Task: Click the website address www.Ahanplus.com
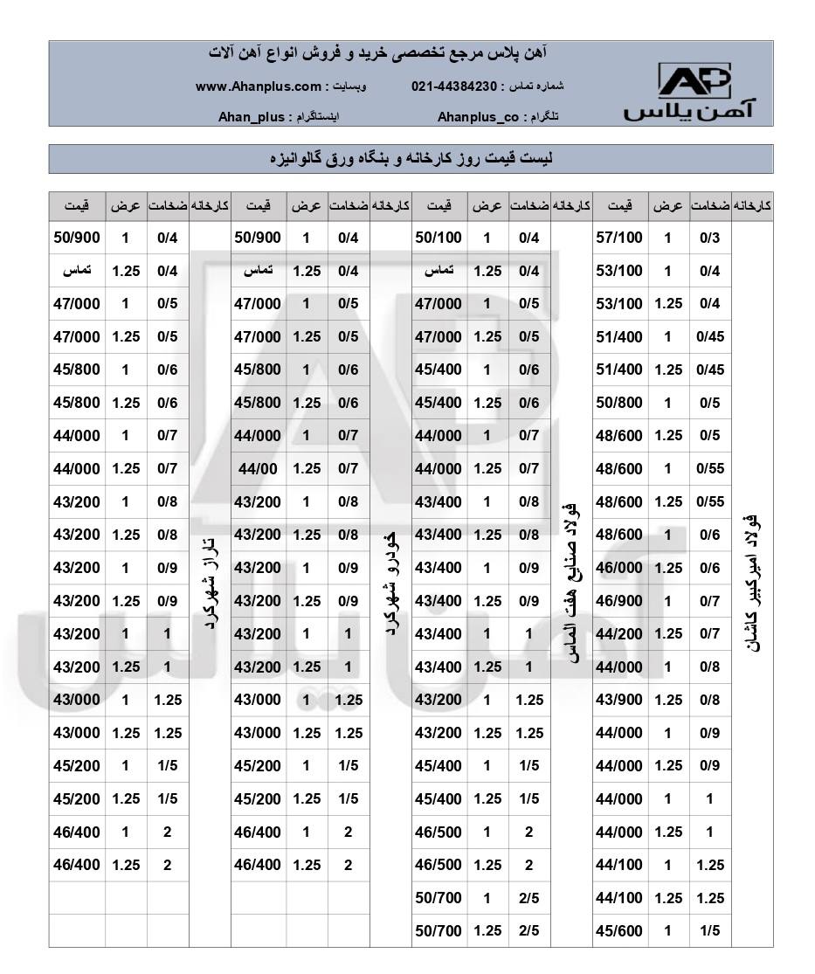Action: [x=259, y=86]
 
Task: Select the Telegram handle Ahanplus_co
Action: [x=478, y=116]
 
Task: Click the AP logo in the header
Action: [x=692, y=91]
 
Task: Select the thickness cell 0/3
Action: [x=709, y=238]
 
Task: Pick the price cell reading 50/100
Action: [x=438, y=238]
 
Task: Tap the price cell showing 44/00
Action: [x=258, y=469]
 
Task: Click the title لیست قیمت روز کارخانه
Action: [x=411, y=159]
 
